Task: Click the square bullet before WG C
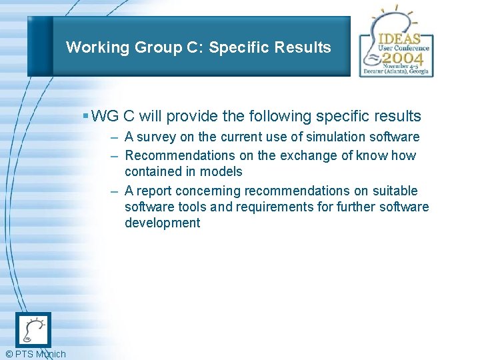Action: click(x=85, y=115)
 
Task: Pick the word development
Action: click(x=162, y=223)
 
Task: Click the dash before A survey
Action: click(x=115, y=137)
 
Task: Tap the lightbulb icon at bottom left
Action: click(x=33, y=330)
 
